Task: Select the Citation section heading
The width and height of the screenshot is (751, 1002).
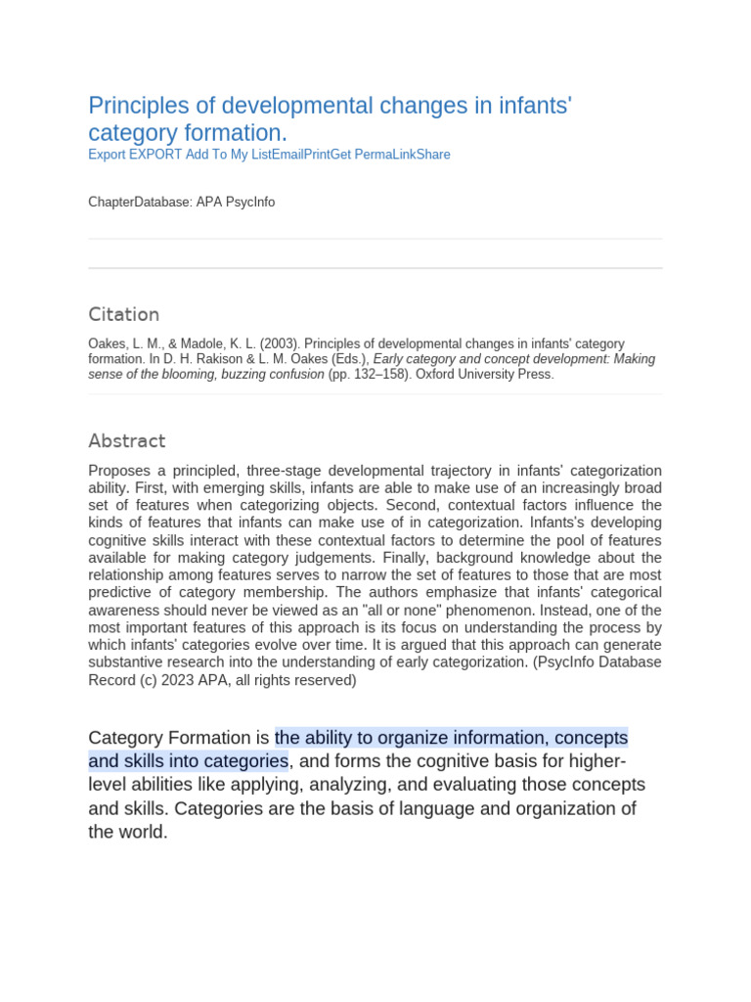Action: [x=123, y=314]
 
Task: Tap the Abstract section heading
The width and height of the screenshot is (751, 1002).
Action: [x=127, y=440]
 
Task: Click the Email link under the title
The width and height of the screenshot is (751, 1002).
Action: [x=287, y=155]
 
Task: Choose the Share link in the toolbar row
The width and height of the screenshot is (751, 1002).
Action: [x=433, y=155]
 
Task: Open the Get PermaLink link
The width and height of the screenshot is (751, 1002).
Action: [x=374, y=155]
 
